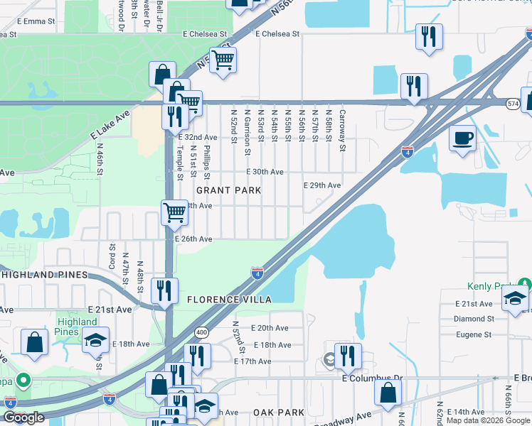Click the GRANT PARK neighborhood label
point(228,190)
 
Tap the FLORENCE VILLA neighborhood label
point(229,300)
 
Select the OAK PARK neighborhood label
point(279,412)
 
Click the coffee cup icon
point(463,137)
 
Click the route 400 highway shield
point(202,332)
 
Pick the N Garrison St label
point(247,131)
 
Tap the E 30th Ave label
point(265,172)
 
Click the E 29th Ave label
point(321,185)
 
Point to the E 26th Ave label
point(193,239)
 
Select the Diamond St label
point(474,319)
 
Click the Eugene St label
point(474,334)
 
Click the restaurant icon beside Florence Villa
point(164,291)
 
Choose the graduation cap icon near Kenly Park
point(516,300)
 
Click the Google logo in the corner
point(23,417)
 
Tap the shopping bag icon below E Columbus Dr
point(388,394)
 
